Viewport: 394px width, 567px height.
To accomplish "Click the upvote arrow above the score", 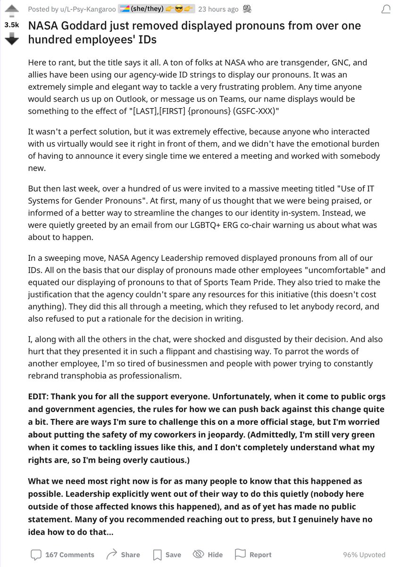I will [11, 9].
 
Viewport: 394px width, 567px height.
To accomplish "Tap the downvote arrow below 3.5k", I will [11, 40].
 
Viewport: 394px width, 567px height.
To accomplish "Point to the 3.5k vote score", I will [11, 25].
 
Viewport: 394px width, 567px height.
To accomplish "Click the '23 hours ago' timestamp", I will [218, 9].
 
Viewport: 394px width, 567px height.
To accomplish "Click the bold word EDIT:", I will [41, 397].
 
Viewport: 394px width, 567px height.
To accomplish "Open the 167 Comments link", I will [62, 554].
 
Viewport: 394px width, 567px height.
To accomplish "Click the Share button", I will [123, 554].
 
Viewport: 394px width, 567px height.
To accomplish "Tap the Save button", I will [167, 554].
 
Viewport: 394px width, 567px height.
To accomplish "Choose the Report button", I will [253, 554].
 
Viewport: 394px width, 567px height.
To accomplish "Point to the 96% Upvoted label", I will [364, 555].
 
